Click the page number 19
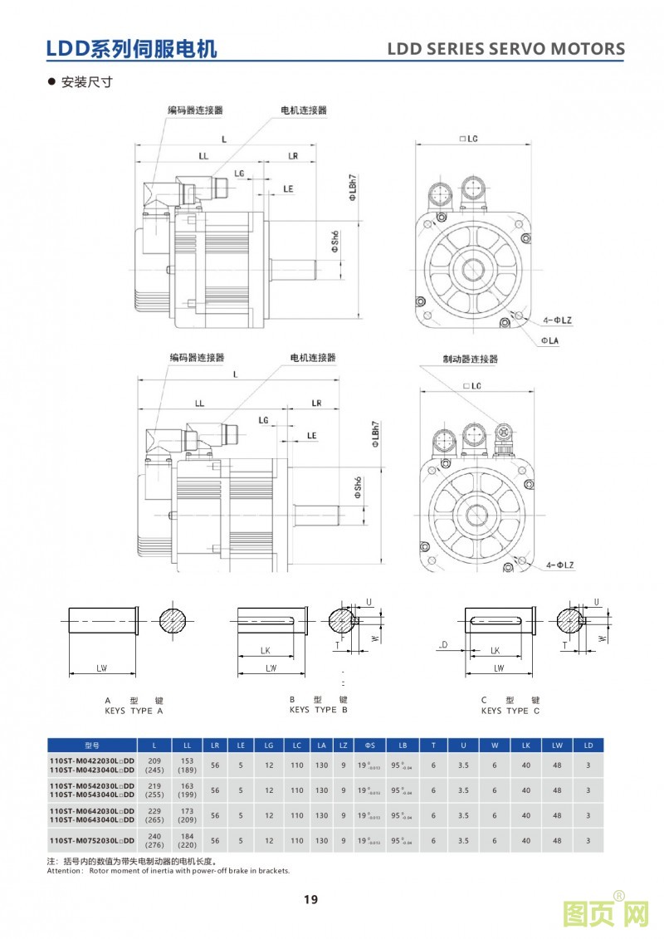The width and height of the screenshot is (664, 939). [x=310, y=899]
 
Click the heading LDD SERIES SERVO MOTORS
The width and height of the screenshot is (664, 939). [x=506, y=49]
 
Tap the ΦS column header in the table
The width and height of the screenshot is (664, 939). [x=370, y=745]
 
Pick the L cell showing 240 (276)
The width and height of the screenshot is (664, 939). [x=154, y=840]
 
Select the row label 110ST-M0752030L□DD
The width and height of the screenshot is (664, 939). [x=91, y=840]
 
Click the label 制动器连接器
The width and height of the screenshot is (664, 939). [x=471, y=359]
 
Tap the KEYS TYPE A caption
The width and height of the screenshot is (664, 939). [x=134, y=711]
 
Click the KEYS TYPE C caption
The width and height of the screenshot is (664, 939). [x=510, y=711]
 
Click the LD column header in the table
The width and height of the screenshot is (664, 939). [x=588, y=745]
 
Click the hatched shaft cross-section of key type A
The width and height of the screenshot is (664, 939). [x=174, y=621]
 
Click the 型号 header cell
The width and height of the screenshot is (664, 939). [x=91, y=745]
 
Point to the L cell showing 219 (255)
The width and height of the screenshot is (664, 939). [x=154, y=790]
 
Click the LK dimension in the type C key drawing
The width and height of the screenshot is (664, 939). [x=495, y=651]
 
